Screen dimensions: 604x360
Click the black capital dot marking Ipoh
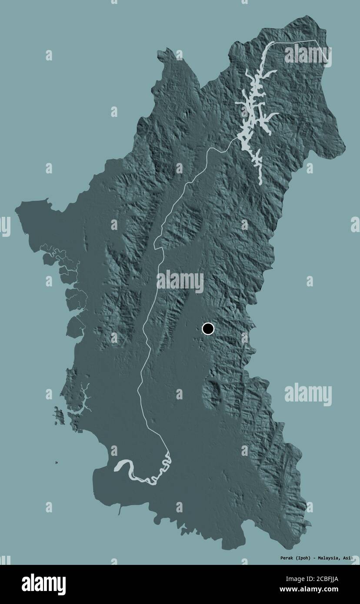208,329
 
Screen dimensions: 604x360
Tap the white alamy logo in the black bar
43,584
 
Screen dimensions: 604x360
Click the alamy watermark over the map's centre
180,281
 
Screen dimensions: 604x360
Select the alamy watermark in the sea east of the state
308,394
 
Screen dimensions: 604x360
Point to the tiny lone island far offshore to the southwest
56,462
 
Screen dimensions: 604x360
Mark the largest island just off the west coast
59,416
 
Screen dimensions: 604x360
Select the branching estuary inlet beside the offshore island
85,398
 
